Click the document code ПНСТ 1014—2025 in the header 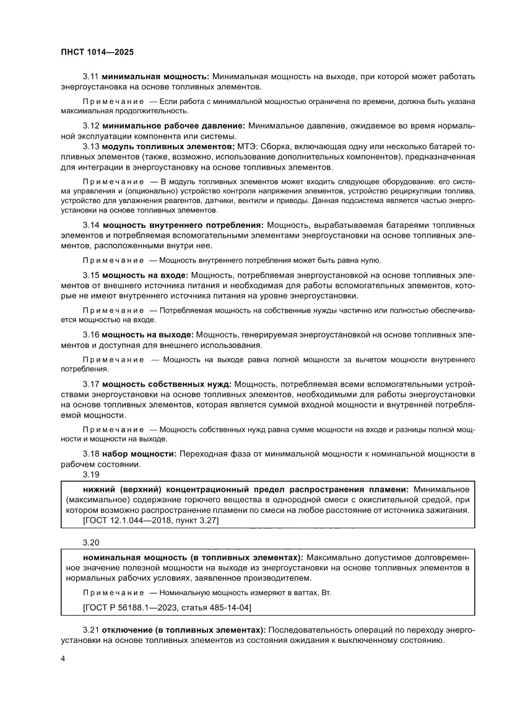pyautogui.click(x=93, y=53)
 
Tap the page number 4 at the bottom pyautogui.click(x=63, y=658)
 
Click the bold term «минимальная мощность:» pyautogui.click(x=156, y=76)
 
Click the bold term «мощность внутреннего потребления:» pyautogui.click(x=183, y=224)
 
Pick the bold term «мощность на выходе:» pyautogui.click(x=148, y=334)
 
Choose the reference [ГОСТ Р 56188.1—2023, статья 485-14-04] pyautogui.click(x=167, y=608)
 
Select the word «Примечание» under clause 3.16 pyautogui.click(x=113, y=359)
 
